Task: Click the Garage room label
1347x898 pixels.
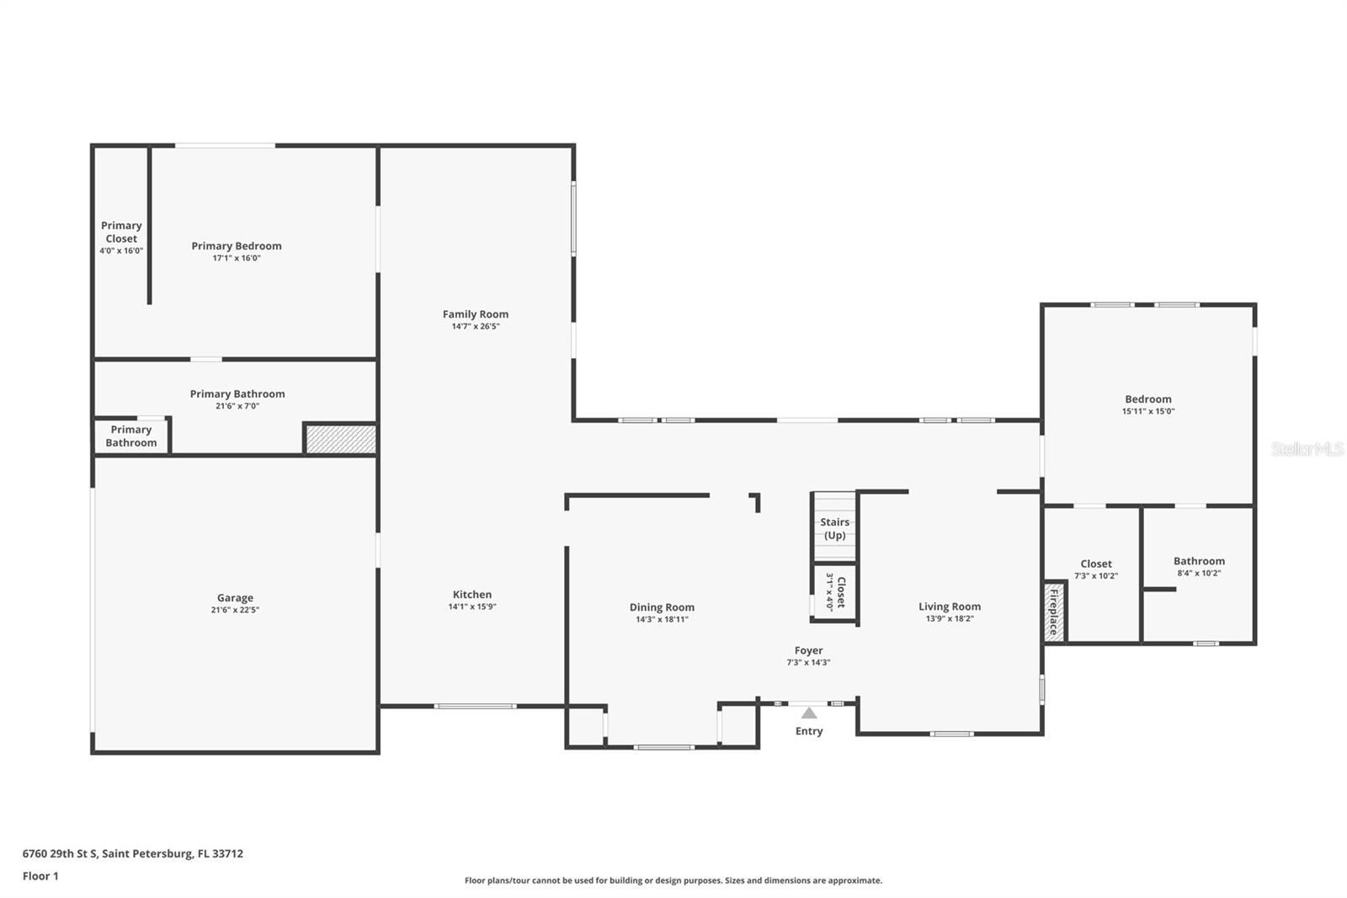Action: [235, 598]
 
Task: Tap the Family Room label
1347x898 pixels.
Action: [476, 314]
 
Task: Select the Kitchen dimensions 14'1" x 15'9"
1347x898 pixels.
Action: [472, 607]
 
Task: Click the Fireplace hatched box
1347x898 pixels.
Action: [1053, 611]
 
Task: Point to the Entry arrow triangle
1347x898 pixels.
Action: [809, 714]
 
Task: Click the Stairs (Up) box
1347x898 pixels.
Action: [834, 528]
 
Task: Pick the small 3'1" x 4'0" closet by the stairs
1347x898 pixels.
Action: [834, 591]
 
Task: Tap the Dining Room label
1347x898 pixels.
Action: [662, 607]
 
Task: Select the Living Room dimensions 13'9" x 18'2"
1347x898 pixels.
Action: [950, 618]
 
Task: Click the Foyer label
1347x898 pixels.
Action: [808, 650]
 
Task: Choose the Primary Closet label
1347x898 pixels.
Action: [121, 232]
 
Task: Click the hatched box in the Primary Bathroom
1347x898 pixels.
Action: [340, 439]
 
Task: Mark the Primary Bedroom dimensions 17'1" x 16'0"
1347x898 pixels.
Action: [237, 258]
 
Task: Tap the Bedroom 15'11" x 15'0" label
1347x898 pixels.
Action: [1147, 399]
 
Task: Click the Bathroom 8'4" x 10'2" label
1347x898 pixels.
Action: [1199, 561]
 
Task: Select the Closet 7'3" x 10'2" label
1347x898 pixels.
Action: [1096, 564]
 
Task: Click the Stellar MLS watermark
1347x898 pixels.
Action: [1307, 449]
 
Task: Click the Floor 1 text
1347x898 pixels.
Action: [40, 876]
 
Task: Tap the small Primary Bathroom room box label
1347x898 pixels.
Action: [131, 436]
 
